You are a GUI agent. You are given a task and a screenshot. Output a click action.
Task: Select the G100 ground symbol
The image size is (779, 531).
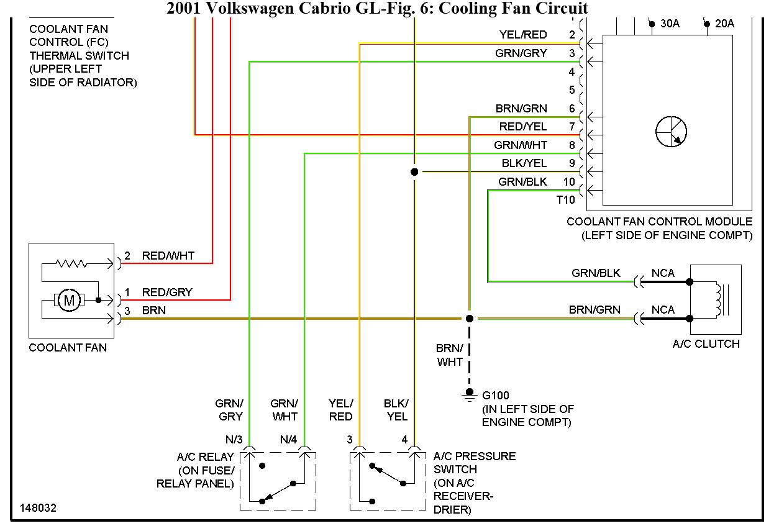coord(469,396)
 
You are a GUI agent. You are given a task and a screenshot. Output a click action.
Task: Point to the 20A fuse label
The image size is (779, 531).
coord(724,24)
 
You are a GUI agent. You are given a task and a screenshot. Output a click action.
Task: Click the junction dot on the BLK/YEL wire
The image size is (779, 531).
coord(414,171)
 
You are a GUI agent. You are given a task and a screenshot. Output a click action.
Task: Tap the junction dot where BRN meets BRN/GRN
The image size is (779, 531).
coord(470,319)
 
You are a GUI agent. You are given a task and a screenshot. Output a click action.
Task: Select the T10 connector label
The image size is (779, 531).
coord(565,200)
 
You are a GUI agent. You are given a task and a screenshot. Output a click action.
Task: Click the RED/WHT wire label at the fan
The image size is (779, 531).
coord(168,255)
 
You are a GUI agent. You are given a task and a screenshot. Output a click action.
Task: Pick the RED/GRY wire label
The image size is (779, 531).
coord(167,292)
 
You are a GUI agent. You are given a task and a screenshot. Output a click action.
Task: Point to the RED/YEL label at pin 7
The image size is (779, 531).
coord(523,127)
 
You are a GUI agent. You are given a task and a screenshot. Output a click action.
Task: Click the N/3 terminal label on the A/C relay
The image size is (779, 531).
coord(234,440)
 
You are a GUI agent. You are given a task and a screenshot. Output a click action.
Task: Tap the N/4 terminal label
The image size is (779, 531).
coord(288,440)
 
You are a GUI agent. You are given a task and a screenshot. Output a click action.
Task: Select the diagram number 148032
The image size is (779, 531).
coord(38,507)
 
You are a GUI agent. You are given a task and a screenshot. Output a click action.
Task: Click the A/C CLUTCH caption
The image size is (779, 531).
coord(706,344)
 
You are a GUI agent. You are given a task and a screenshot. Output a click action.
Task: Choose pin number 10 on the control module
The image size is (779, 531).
coord(569,182)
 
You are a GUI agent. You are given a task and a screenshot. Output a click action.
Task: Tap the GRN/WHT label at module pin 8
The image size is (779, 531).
coord(521,145)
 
